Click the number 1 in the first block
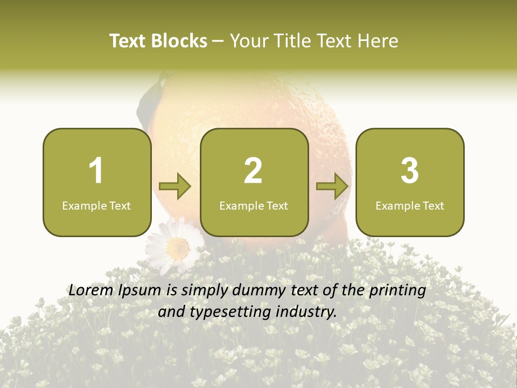pos(96,171)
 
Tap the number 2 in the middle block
pos(253,171)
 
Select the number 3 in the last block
pos(410,171)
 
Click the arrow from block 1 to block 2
pos(176,186)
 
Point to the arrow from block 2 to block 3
pos(332,186)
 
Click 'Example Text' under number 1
pos(96,206)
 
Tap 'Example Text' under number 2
pos(254,206)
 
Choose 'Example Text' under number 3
pos(410,206)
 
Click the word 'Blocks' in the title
pos(179,41)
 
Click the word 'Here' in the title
pos(376,41)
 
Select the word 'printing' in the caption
pos(397,291)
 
